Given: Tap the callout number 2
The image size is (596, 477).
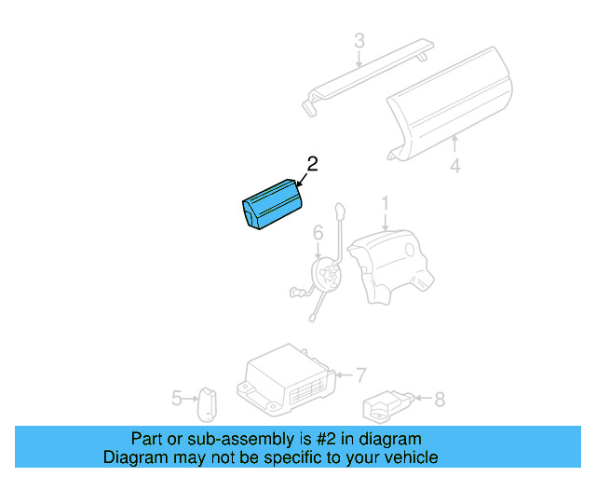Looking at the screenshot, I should tap(312, 164).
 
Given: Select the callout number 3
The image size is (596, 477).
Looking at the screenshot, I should tap(359, 41).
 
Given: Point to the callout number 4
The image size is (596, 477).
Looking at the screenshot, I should tap(454, 168).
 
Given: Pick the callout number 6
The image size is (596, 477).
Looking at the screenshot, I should tap(317, 232).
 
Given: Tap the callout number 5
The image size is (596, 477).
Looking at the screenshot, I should tap(177, 399).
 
